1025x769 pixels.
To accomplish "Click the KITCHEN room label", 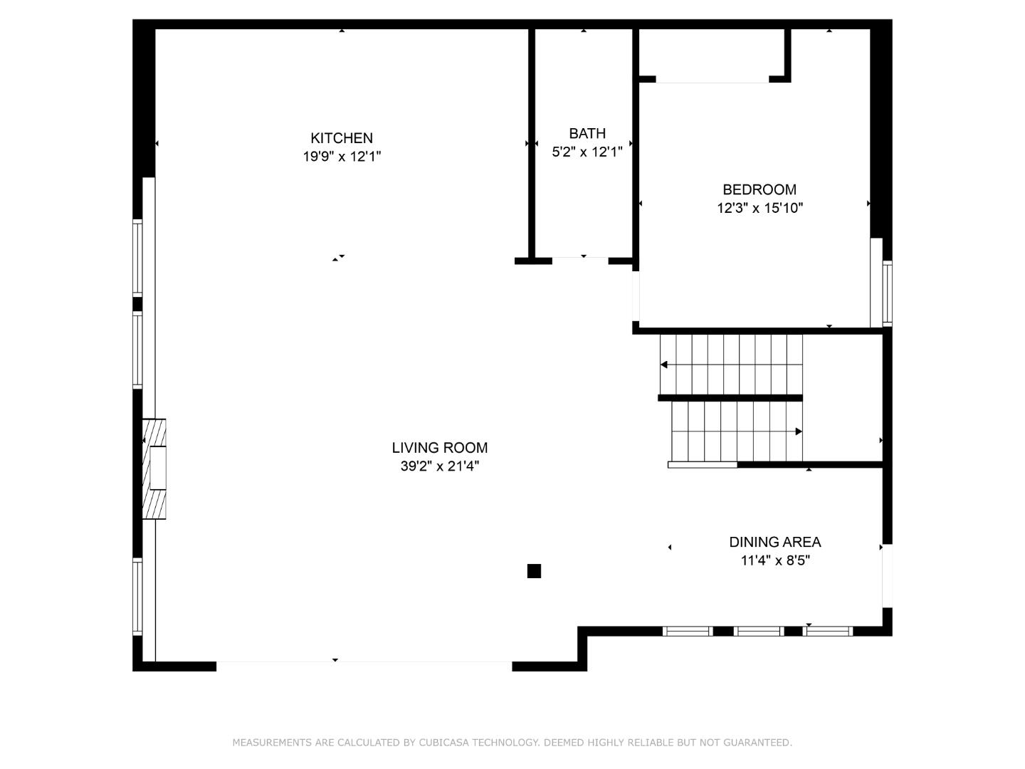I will (x=342, y=138).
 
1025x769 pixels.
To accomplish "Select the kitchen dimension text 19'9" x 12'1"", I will (x=342, y=157).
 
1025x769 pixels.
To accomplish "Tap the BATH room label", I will (x=587, y=133).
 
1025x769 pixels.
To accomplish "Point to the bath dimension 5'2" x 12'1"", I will (x=587, y=152).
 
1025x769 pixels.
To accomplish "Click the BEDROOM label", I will (x=759, y=189).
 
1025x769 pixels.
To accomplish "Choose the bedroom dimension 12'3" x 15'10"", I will (x=759, y=208).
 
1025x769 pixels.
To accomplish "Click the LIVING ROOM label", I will (x=439, y=448).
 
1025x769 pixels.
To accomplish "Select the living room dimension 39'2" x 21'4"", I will (x=439, y=466).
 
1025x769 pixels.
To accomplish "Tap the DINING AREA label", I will (x=774, y=542).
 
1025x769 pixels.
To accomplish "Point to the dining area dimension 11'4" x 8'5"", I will (x=775, y=560).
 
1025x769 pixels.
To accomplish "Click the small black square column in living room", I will (x=534, y=571).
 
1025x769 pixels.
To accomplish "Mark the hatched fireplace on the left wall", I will (x=154, y=469).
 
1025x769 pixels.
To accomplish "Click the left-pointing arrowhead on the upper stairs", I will (x=664, y=365).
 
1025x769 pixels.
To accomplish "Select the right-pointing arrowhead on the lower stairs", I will (x=799, y=431).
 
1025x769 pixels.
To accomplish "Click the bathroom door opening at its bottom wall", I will (x=580, y=261).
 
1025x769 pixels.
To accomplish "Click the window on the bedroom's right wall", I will (x=887, y=293).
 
